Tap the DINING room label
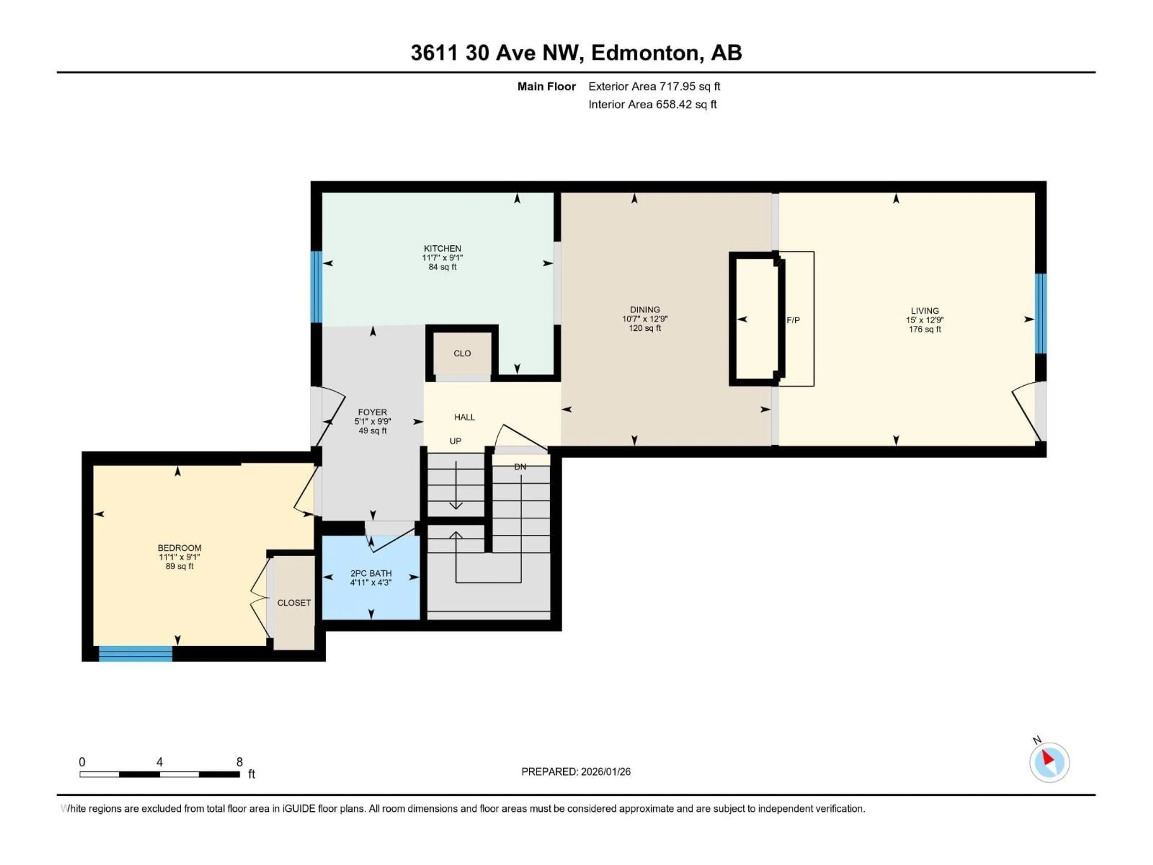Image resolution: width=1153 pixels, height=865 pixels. coord(644,310)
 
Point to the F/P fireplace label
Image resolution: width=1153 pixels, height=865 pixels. coord(793,320)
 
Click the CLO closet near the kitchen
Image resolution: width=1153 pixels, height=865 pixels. coord(462,354)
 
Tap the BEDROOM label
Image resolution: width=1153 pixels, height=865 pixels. coord(179,548)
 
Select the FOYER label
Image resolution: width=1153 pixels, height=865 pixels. coord(372,412)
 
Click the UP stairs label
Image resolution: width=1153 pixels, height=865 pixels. coord(455,441)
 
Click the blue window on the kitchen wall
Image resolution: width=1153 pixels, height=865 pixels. coord(316,287)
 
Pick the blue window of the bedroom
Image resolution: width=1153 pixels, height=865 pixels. coord(135,653)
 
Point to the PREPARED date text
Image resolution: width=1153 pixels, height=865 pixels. coord(576,772)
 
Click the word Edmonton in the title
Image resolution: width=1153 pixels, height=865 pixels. coord(645,53)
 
